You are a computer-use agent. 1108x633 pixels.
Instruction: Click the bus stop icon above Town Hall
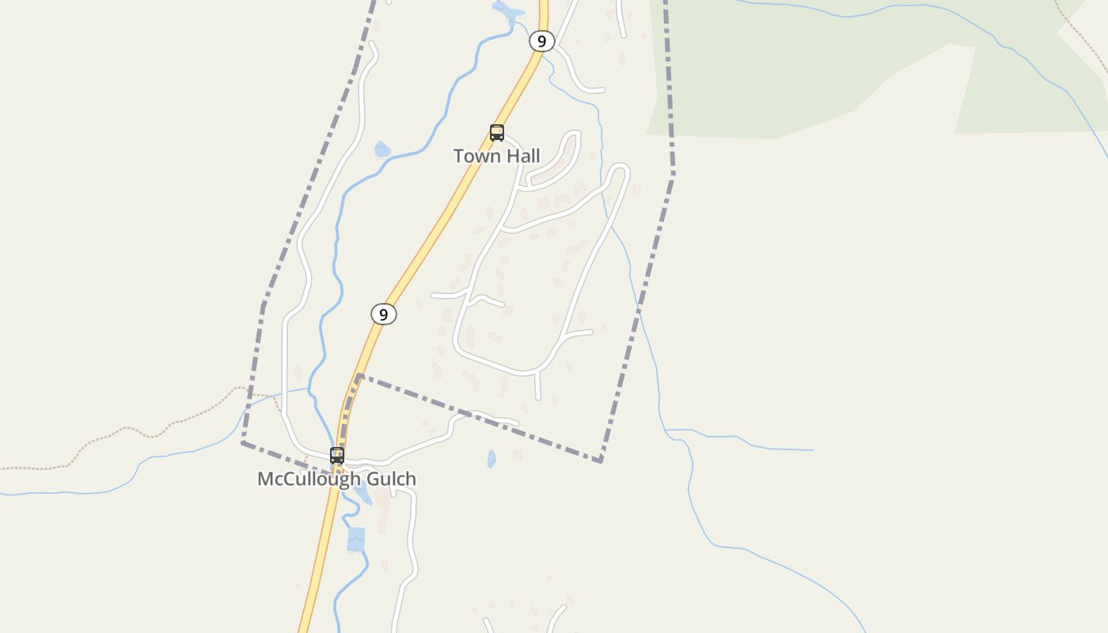[x=497, y=133]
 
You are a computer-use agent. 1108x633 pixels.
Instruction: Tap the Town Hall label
[x=496, y=156]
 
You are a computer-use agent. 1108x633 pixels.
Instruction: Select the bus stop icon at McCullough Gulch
[x=337, y=455]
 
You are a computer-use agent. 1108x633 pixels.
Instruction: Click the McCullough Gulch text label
[x=336, y=479]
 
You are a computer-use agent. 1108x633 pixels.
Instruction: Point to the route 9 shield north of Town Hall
[x=541, y=41]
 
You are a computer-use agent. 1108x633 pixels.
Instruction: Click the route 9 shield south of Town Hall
[x=384, y=314]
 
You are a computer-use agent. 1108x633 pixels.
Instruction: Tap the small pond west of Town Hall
[x=382, y=149]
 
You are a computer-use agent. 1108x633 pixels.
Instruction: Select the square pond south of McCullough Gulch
[x=356, y=539]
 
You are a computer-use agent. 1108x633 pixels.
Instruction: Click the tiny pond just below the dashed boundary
[x=491, y=458]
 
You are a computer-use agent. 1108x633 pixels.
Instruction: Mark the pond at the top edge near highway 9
[x=503, y=9]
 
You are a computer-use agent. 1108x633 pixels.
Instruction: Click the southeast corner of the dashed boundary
[x=601, y=461]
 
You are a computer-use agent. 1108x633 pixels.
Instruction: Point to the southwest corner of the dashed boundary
[x=243, y=442]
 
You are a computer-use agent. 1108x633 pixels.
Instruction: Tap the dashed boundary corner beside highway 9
[x=359, y=375]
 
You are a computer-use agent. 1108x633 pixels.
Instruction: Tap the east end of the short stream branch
[x=812, y=450]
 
